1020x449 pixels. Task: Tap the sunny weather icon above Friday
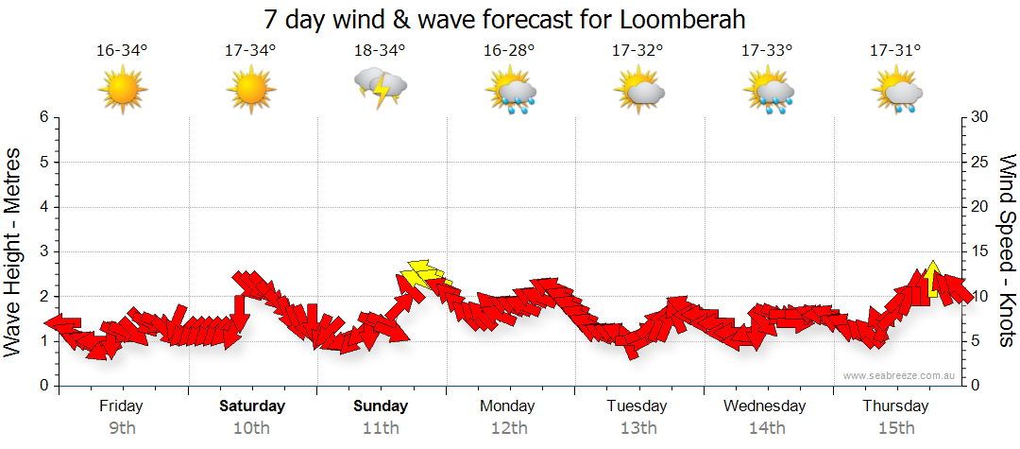123,90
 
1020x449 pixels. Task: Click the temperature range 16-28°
509,50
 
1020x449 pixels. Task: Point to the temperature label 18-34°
381,50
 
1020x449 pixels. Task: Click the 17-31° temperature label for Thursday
894,50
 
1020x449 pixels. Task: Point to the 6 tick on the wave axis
42,117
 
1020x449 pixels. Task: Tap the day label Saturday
252,406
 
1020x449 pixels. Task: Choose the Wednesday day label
765,406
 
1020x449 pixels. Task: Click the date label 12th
509,428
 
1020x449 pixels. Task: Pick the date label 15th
894,428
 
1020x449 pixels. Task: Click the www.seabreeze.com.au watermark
900,376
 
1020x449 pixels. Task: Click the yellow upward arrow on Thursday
932,280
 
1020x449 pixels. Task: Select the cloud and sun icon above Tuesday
638,90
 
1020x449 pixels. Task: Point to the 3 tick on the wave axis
42,251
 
